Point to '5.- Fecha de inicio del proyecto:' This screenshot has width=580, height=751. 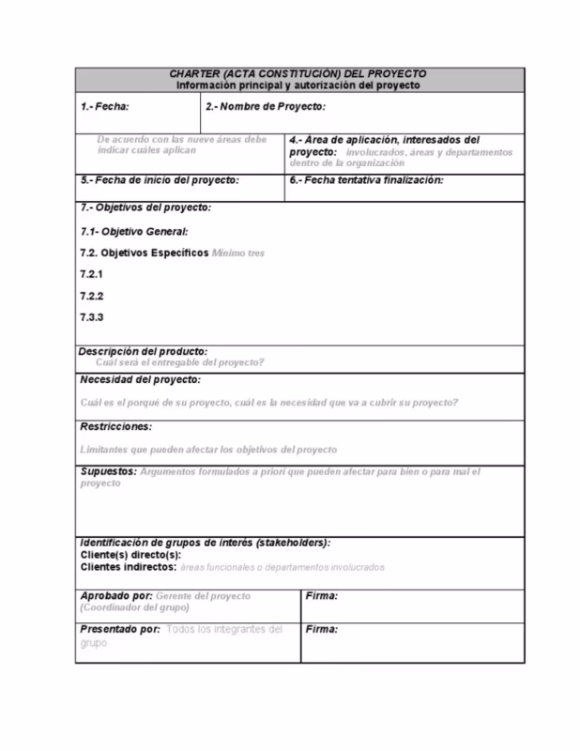coord(160,179)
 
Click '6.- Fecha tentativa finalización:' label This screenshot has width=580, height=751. coord(366,179)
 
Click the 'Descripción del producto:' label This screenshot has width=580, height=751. coord(144,351)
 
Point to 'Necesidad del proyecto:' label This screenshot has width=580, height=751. coord(140,379)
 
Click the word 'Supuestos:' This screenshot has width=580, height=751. coord(108,471)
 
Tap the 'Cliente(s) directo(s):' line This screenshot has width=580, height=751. coord(131,555)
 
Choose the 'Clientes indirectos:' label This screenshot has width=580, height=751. coord(128,567)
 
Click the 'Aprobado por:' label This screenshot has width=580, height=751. coord(115,596)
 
